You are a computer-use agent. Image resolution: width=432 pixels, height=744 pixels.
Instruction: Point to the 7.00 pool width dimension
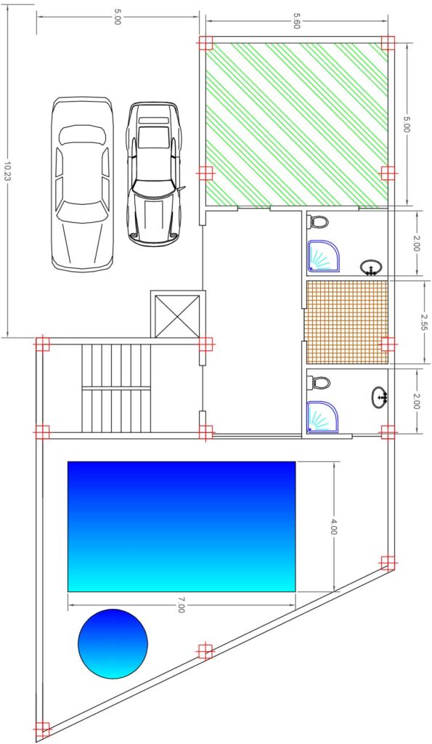click(x=181, y=605)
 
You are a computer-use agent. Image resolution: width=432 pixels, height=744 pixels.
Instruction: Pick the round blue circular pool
click(x=113, y=644)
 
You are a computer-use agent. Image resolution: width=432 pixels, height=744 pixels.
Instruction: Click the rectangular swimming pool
click(x=182, y=527)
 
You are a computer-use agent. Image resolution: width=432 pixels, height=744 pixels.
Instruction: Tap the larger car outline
click(x=83, y=184)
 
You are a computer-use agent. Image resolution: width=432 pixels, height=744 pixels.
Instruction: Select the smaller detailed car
click(x=154, y=174)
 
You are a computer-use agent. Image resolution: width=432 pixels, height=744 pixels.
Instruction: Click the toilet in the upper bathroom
click(x=318, y=221)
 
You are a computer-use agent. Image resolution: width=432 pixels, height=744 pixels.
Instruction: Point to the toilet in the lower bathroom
click(x=318, y=382)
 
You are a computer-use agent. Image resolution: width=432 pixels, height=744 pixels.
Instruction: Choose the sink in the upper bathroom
click(x=371, y=267)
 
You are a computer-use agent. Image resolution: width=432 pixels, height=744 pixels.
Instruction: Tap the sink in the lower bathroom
click(x=380, y=397)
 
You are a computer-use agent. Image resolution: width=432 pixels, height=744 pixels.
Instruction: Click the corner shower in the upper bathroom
click(x=322, y=255)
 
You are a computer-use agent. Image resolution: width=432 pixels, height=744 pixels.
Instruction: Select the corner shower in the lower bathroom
click(x=322, y=416)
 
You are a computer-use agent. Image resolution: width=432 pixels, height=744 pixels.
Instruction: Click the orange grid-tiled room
click(x=347, y=322)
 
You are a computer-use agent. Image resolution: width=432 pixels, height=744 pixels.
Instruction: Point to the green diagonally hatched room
click(x=296, y=125)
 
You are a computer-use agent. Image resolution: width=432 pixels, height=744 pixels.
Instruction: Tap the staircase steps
click(x=116, y=388)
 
